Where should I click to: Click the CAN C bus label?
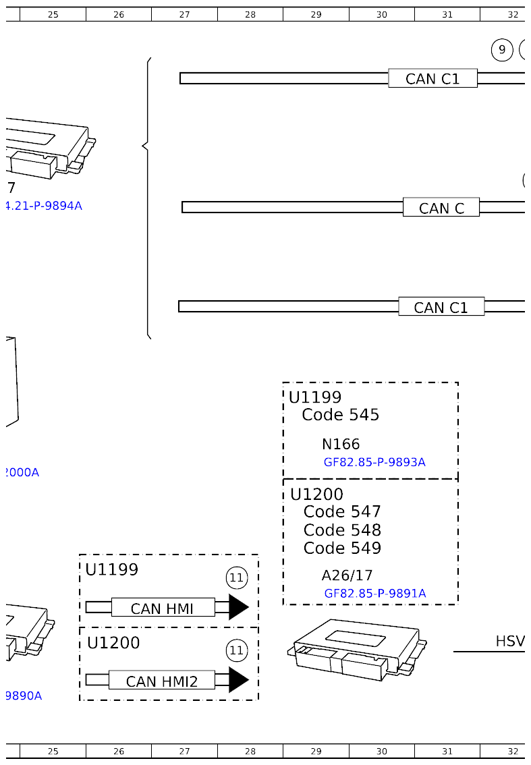[x=441, y=208]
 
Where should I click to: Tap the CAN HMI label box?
[x=163, y=608]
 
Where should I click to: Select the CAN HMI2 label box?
[x=162, y=681]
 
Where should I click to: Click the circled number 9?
[x=502, y=50]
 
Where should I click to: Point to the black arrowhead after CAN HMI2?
[x=238, y=680]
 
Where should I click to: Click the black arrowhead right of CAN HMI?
[x=238, y=607]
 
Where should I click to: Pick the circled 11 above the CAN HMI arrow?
[x=236, y=577]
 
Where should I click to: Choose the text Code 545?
[x=341, y=415]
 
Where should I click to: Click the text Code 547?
[x=342, y=512]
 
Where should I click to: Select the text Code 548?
[x=342, y=530]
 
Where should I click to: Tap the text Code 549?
[x=342, y=548]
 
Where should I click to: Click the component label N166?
[x=341, y=444]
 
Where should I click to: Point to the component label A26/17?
[x=347, y=575]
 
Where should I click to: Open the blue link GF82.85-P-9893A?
[x=374, y=462]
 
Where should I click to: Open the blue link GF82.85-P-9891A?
[x=375, y=594]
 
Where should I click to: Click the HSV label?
[x=510, y=641]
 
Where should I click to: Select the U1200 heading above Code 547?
[x=316, y=494]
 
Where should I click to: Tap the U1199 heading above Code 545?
[x=315, y=397]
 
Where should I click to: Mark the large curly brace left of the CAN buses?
[x=146, y=198]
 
